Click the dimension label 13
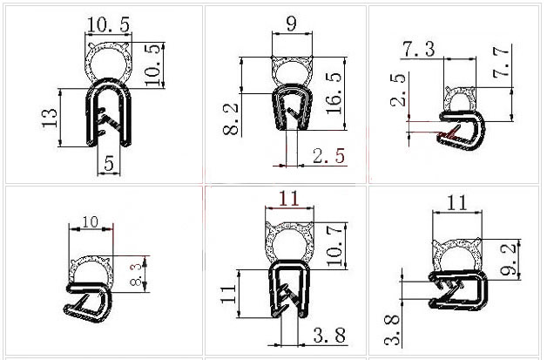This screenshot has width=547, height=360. [49, 118]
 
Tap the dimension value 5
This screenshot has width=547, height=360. [109, 163]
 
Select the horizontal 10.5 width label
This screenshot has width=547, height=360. [108, 24]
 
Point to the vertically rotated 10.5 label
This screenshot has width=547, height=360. [154, 65]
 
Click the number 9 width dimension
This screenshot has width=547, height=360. [291, 23]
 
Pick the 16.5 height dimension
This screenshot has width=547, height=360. [334, 93]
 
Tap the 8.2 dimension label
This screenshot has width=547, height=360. [231, 119]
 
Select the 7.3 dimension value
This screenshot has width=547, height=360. [419, 49]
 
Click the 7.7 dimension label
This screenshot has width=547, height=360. [501, 63]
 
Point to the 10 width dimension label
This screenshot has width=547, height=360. [91, 221]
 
